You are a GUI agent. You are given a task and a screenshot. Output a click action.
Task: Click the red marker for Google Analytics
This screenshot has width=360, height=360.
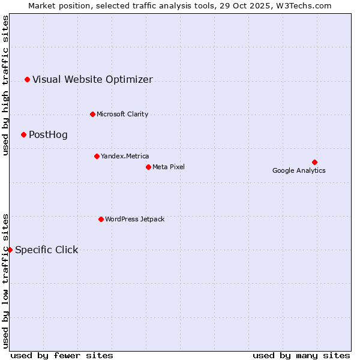(x=314, y=162)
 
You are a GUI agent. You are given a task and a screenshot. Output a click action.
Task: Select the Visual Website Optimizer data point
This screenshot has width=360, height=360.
(x=27, y=79)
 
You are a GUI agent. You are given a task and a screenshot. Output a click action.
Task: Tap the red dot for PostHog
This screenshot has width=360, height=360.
(x=23, y=134)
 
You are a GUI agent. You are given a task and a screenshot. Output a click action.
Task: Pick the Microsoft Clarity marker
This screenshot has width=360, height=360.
(x=92, y=114)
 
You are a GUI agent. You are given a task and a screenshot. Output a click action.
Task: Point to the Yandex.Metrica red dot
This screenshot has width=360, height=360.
(x=97, y=156)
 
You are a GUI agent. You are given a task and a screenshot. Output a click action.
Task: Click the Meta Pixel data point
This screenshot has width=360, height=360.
(x=148, y=167)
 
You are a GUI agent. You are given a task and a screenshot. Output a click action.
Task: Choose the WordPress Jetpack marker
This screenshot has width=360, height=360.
(x=101, y=219)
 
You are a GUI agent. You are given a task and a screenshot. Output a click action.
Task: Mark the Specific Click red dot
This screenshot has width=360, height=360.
(x=10, y=250)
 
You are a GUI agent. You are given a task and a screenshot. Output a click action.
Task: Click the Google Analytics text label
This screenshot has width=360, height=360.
(x=299, y=170)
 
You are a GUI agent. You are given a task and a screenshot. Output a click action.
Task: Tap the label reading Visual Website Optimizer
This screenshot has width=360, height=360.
(x=92, y=79)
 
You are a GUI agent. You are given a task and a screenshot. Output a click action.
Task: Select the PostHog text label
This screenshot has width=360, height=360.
(x=48, y=134)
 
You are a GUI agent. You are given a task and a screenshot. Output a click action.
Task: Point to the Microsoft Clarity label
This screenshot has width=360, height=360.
(x=122, y=114)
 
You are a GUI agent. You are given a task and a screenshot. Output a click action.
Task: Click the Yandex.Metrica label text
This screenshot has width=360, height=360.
(x=125, y=156)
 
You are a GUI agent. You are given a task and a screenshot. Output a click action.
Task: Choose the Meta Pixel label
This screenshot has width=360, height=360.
(x=169, y=167)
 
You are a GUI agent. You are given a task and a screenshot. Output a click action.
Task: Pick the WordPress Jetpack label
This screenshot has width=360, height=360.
(x=134, y=219)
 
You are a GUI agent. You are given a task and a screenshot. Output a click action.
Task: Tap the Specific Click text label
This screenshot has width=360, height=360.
(x=46, y=250)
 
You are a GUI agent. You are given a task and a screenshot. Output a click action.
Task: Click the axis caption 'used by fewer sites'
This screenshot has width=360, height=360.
(x=62, y=355)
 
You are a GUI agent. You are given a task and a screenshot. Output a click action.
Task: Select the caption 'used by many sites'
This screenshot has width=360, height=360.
(x=301, y=355)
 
